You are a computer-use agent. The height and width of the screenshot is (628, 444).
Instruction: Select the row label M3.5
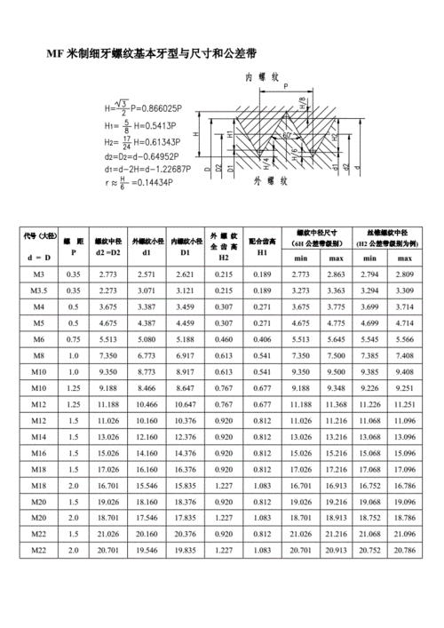38,290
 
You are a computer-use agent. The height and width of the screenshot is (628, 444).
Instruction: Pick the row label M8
38,355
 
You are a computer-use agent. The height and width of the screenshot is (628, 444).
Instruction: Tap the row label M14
38,437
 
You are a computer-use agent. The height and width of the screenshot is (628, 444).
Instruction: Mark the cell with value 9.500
336,371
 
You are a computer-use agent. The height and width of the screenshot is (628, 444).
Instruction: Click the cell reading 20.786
405,551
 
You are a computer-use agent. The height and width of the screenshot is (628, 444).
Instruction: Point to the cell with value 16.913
336,486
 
